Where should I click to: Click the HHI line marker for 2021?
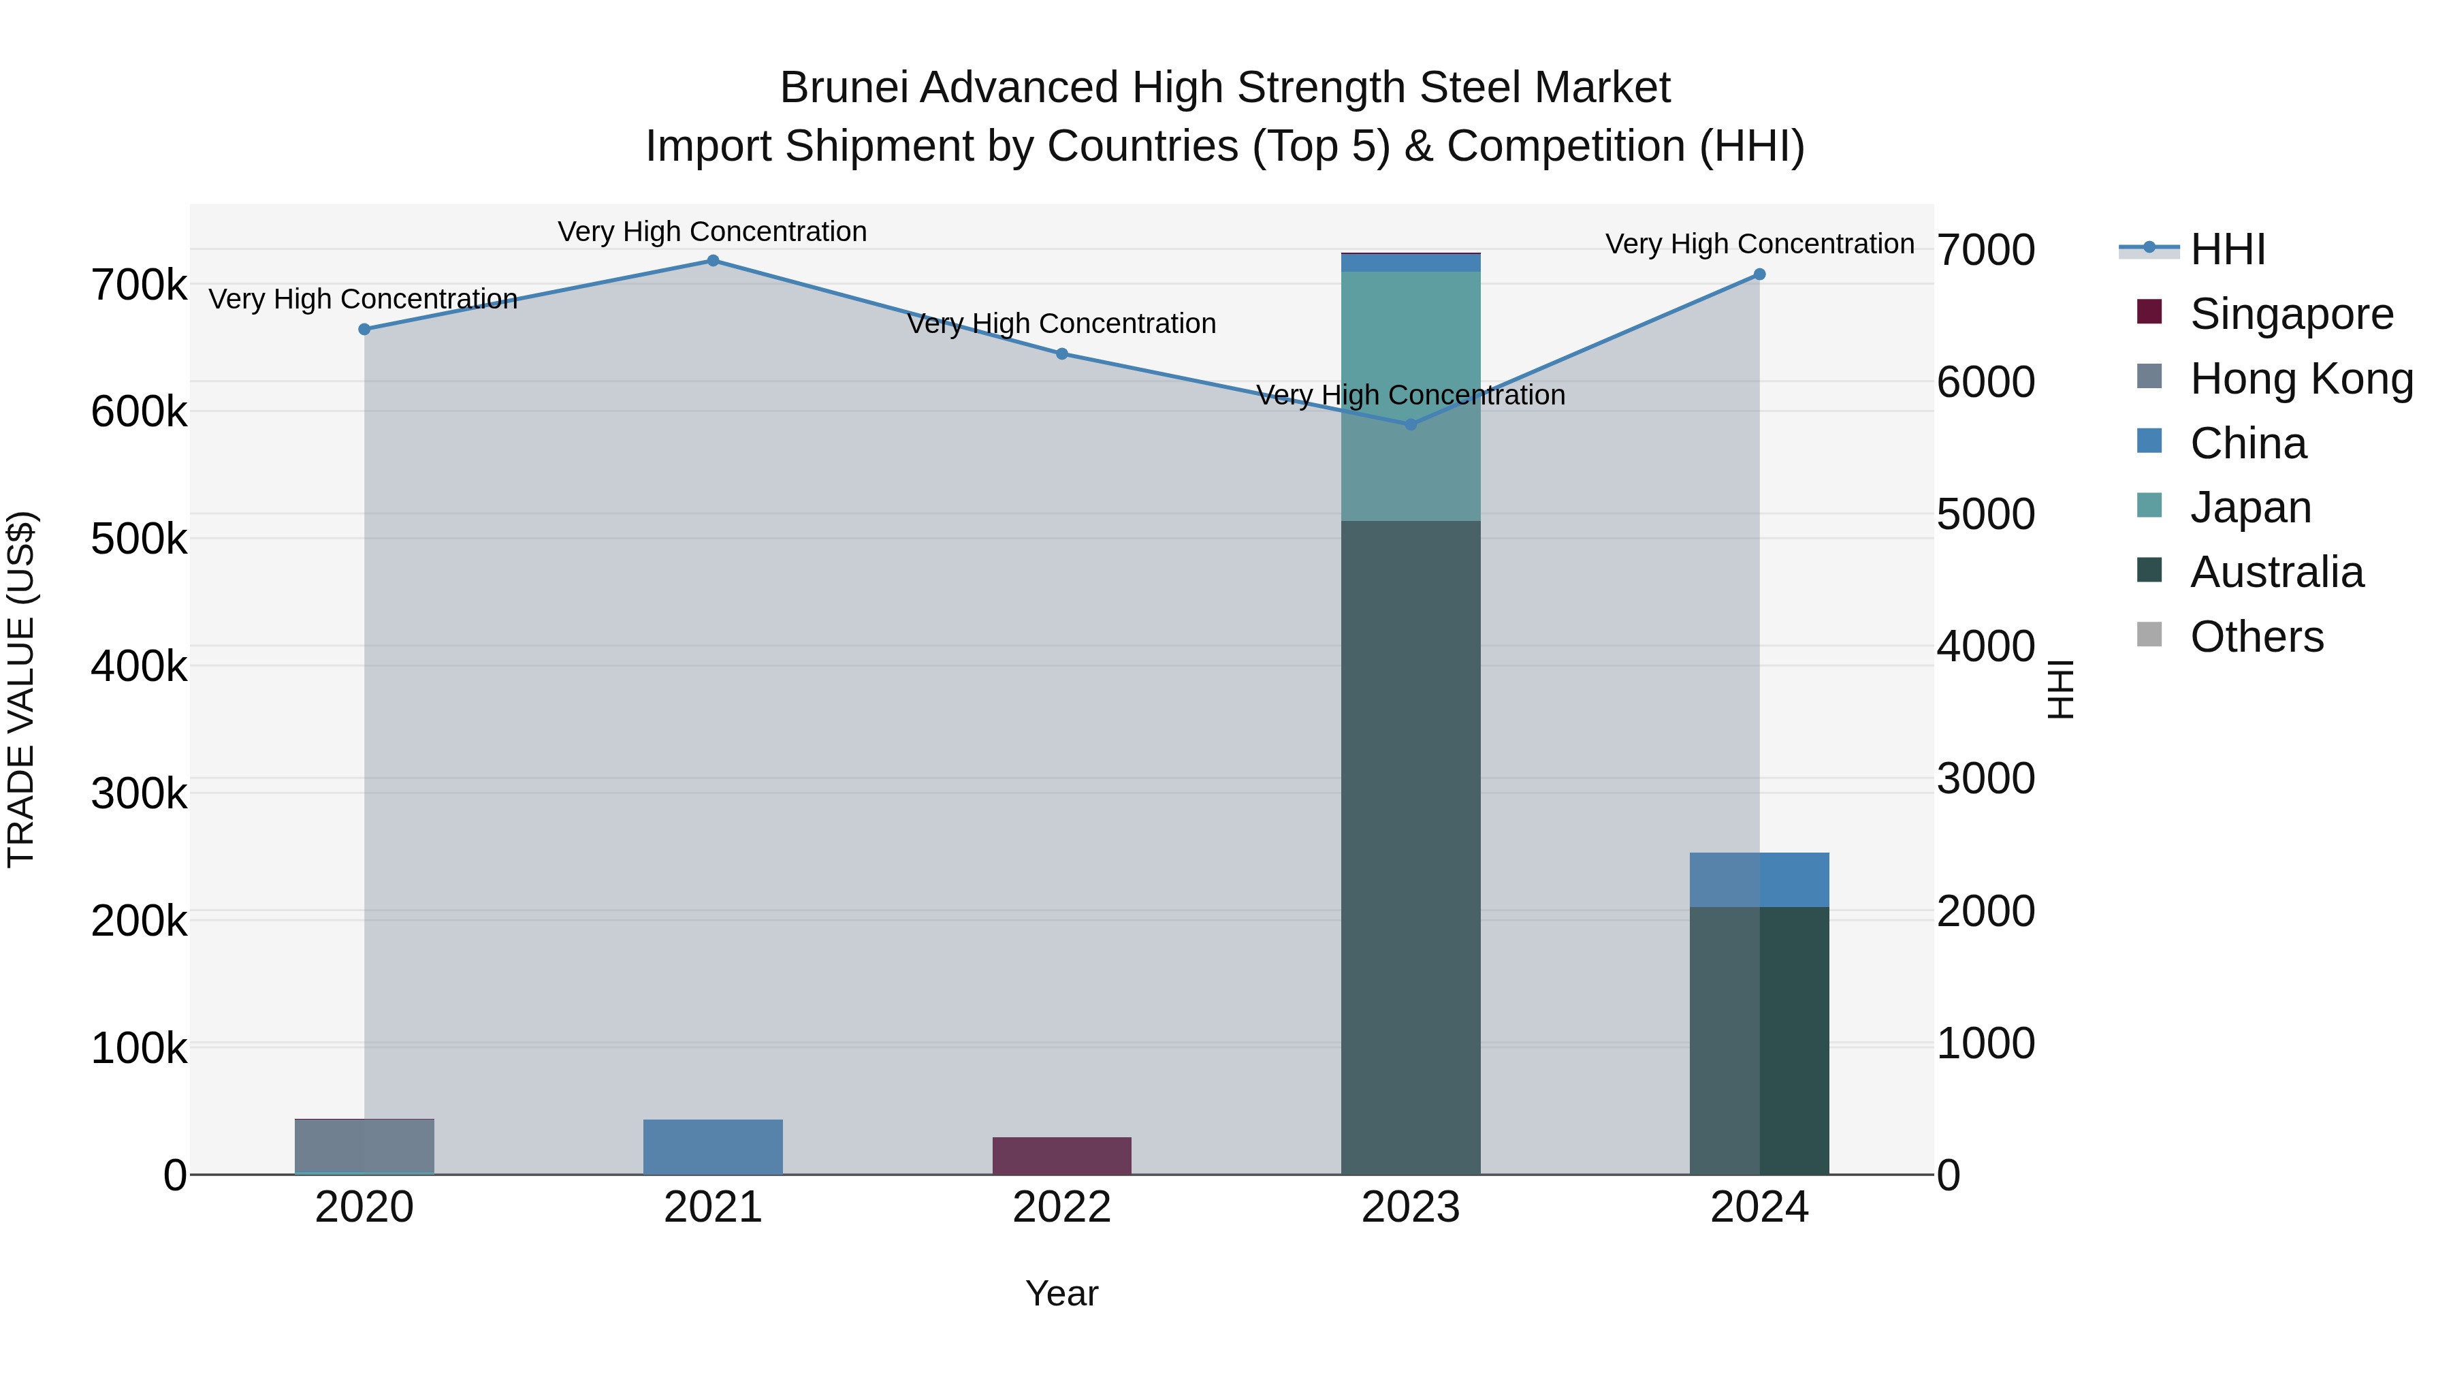click(x=713, y=261)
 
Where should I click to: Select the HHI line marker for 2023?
click(x=1411, y=424)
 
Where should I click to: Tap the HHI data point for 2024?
click(x=1759, y=274)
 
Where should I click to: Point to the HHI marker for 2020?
click(x=364, y=330)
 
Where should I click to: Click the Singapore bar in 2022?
click(x=1062, y=1156)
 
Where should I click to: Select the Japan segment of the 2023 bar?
click(x=1411, y=396)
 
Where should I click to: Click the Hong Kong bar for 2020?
click(x=364, y=1146)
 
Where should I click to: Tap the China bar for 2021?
click(x=713, y=1147)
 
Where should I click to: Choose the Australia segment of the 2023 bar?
click(x=1411, y=847)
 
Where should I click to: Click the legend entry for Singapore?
click(x=2291, y=314)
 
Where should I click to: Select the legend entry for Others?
click(x=2256, y=637)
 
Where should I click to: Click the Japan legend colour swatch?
click(x=2149, y=505)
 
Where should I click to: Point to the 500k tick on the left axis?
click(x=139, y=539)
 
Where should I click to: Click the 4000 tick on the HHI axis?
click(x=1986, y=647)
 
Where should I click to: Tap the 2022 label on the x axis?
click(x=1062, y=1207)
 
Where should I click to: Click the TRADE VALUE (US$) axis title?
click(x=21, y=689)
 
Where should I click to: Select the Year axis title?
click(x=1062, y=1293)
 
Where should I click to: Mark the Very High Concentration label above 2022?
click(x=1062, y=323)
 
